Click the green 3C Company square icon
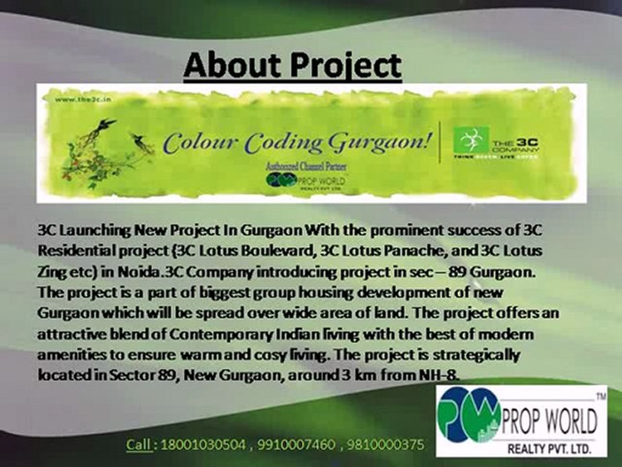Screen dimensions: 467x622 coord(470,140)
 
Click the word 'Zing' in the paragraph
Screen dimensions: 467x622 coord(50,271)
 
